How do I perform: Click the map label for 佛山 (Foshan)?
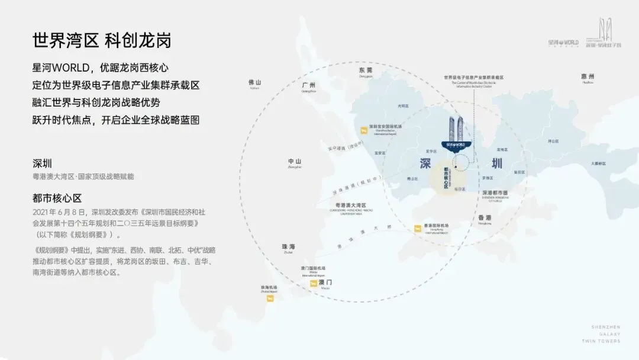point(255,83)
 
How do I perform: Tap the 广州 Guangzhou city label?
point(309,86)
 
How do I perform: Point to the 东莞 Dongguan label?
point(366,70)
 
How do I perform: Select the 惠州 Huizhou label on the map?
point(588,77)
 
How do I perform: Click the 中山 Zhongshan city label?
point(295,162)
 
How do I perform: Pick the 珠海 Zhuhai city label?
point(289,246)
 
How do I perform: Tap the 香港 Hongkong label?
point(485,218)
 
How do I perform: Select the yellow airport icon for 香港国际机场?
point(418,228)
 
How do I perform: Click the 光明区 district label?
point(403,106)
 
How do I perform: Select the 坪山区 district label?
point(553,141)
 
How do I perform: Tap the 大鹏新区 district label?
point(598,163)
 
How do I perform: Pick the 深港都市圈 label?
point(495,193)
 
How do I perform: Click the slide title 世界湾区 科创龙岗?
point(102,41)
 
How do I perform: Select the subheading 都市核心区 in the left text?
point(57,198)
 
